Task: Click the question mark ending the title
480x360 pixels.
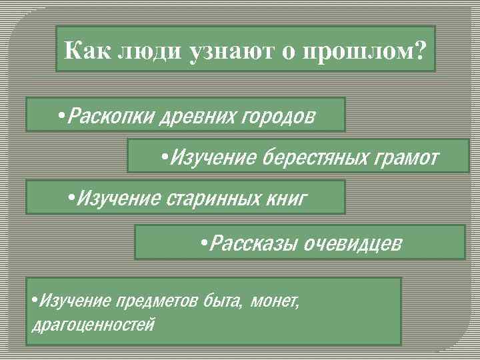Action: point(417,50)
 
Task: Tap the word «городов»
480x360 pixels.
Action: point(273,117)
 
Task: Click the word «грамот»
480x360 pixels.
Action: point(406,159)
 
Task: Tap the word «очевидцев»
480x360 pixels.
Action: point(353,244)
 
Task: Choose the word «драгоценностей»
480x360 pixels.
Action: point(93,325)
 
